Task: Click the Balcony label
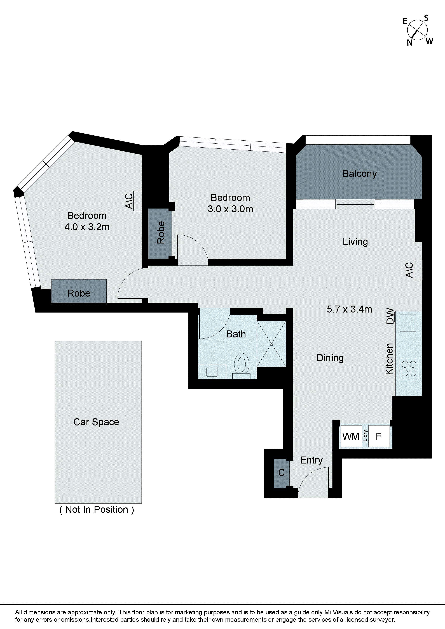click(359, 174)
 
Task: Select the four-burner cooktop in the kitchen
click(409, 369)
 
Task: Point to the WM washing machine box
click(351, 436)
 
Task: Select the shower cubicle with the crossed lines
click(271, 344)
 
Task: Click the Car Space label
click(96, 422)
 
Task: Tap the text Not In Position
click(97, 510)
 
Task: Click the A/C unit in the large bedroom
click(137, 201)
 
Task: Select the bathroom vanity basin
click(212, 372)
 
